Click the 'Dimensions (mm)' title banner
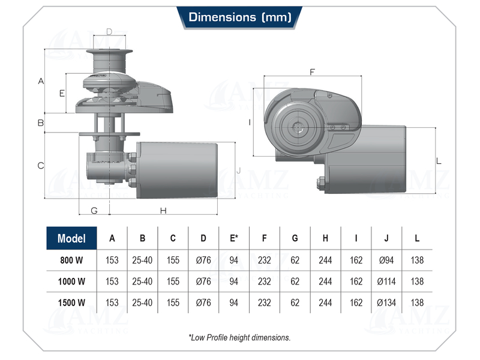[x=240, y=17]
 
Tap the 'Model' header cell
[x=71, y=238]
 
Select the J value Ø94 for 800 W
[x=386, y=260]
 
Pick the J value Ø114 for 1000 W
[x=386, y=281]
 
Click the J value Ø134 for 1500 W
[x=386, y=302]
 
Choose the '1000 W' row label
[x=71, y=281]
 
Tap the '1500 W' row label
[x=71, y=302]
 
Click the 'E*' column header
[x=234, y=238]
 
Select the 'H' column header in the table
[x=325, y=238]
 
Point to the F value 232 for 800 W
[x=265, y=260]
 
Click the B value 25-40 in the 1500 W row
[x=142, y=302]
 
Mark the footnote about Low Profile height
[x=239, y=337]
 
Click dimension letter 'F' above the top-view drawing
[x=312, y=72]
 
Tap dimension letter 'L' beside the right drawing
[x=439, y=161]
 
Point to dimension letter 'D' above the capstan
[x=109, y=32]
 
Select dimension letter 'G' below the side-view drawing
[x=94, y=210]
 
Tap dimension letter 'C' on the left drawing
[x=41, y=166]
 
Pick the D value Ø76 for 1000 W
[x=203, y=281]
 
